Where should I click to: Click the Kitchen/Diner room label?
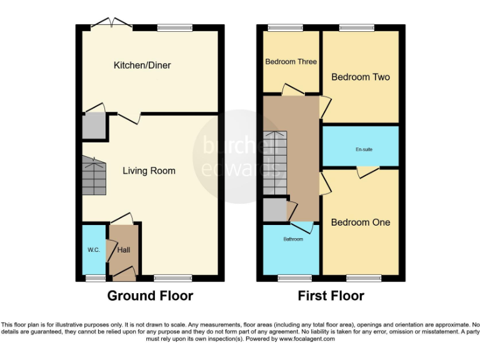pyautogui.click(x=142, y=65)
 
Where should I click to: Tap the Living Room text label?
pyautogui.click(x=149, y=171)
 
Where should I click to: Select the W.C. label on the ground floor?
pyautogui.click(x=93, y=250)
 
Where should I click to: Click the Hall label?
pyautogui.click(x=124, y=250)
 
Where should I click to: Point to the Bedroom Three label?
pyautogui.click(x=291, y=62)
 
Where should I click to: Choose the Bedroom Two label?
pyautogui.click(x=360, y=77)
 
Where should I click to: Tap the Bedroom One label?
pyautogui.click(x=360, y=222)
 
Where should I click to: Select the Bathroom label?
pyautogui.click(x=292, y=239)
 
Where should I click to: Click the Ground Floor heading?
pyautogui.click(x=150, y=296)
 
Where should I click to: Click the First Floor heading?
pyautogui.click(x=332, y=296)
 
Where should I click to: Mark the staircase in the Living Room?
pyautogui.click(x=94, y=176)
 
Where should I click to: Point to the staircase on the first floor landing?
pyautogui.click(x=274, y=164)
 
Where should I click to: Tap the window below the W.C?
pyautogui.click(x=96, y=277)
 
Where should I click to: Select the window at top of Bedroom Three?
pyautogui.click(x=284, y=27)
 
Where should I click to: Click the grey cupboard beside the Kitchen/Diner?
pyautogui.click(x=94, y=127)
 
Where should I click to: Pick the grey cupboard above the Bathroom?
pyautogui.click(x=274, y=211)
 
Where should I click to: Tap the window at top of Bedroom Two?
pyautogui.click(x=357, y=27)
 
